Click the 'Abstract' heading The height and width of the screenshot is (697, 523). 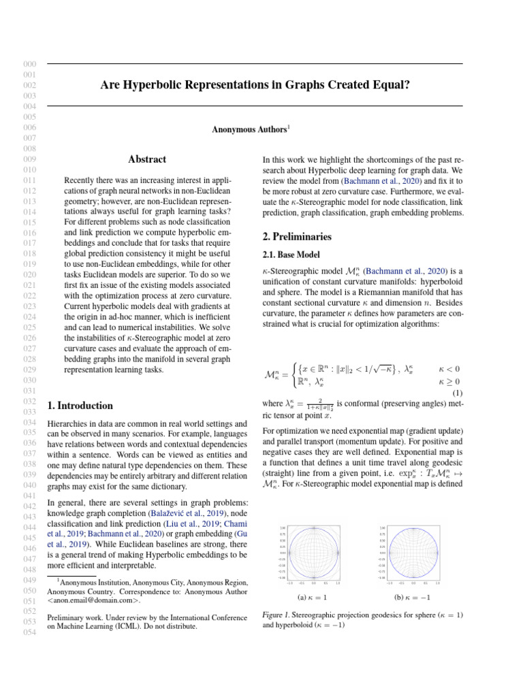[x=147, y=159]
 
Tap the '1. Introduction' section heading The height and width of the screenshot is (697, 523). [x=80, y=406]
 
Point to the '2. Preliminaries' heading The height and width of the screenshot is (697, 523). [x=297, y=237]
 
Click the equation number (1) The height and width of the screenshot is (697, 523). [x=458, y=392]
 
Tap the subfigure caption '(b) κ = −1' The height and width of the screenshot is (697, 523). [x=413, y=597]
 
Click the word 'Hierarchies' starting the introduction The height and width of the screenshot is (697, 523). [x=69, y=424]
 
